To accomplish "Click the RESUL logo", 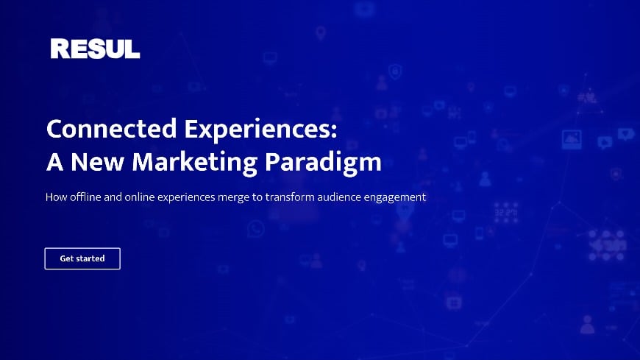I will coord(95,49).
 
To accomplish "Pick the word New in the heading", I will coord(92,161).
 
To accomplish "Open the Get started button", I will coord(82,258).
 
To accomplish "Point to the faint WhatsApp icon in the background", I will coord(256,230).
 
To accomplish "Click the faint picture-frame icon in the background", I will coord(572,139).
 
